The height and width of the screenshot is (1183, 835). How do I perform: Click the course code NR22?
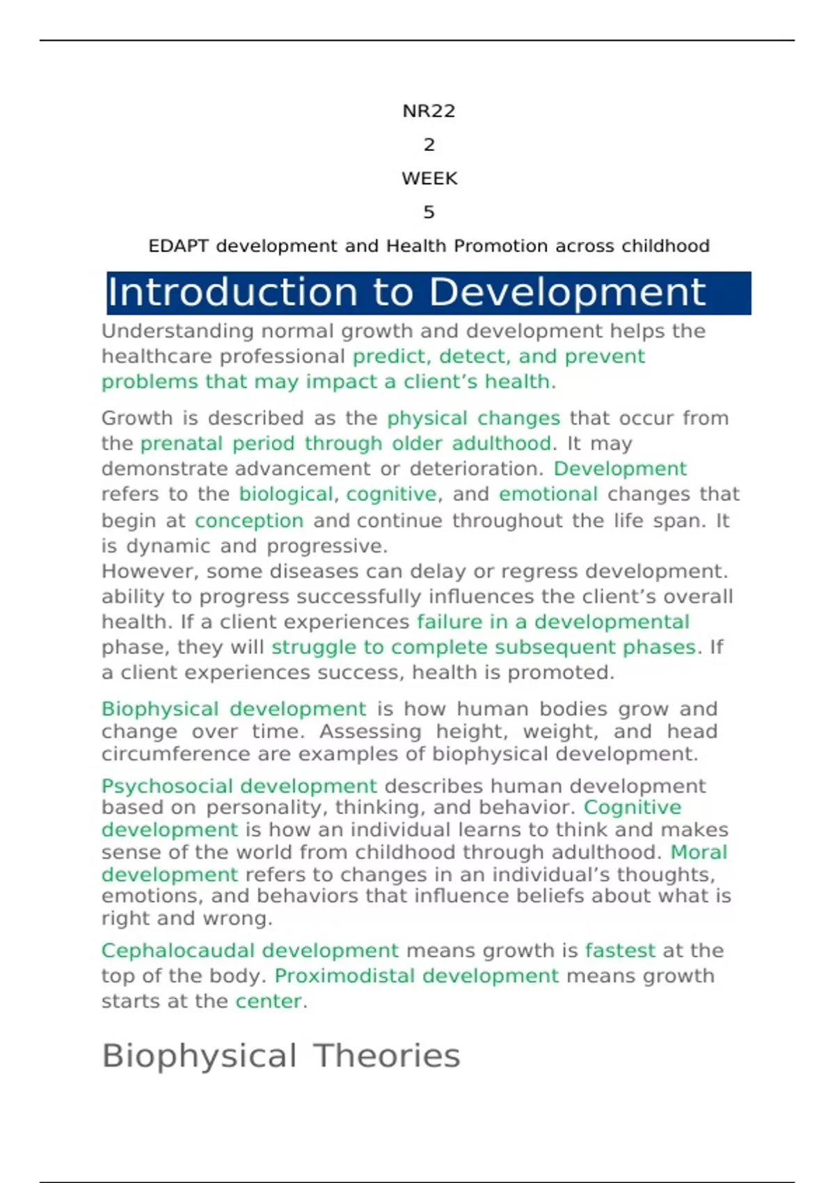(x=429, y=111)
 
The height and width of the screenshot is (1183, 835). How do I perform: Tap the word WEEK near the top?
(x=429, y=179)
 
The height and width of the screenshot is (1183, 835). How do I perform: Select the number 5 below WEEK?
(x=429, y=212)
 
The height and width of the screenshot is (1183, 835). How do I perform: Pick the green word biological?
(x=286, y=494)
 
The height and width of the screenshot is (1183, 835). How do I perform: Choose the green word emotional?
(x=548, y=494)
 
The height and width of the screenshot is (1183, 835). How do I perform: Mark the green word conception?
(x=248, y=521)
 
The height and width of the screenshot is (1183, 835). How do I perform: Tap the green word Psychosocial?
(x=167, y=786)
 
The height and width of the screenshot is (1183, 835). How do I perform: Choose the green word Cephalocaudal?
(x=181, y=951)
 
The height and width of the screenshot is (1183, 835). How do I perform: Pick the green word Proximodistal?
(x=344, y=976)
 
